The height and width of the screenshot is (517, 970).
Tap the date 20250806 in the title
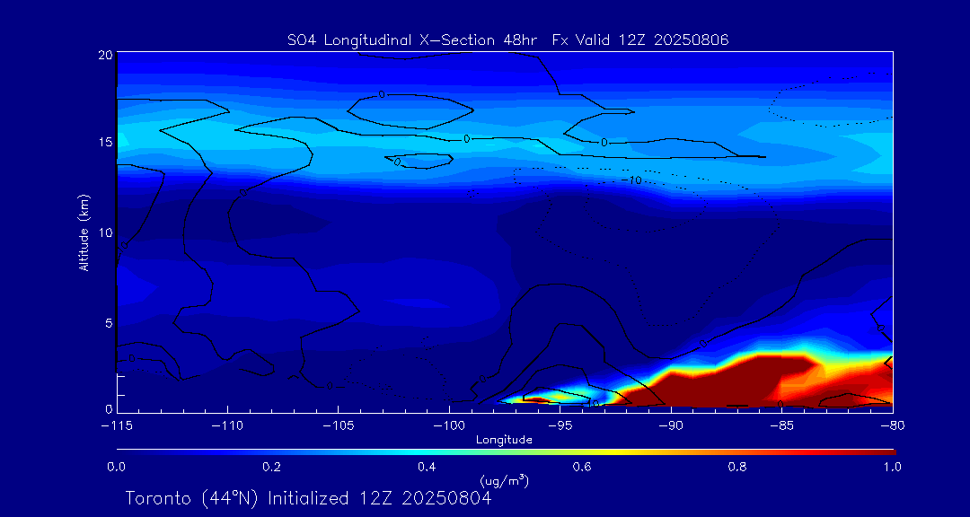(693, 39)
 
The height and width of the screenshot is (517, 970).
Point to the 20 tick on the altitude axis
(104, 55)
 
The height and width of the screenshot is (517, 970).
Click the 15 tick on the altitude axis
(104, 144)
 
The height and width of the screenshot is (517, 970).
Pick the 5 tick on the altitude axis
(107, 322)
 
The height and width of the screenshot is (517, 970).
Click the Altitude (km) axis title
(84, 232)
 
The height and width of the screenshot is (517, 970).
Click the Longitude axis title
(504, 439)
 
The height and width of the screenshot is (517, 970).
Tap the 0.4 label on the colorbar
(427, 467)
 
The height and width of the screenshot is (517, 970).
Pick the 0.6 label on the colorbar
(582, 467)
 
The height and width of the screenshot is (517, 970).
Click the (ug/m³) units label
(505, 481)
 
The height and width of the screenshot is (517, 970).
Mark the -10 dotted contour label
(633, 180)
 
